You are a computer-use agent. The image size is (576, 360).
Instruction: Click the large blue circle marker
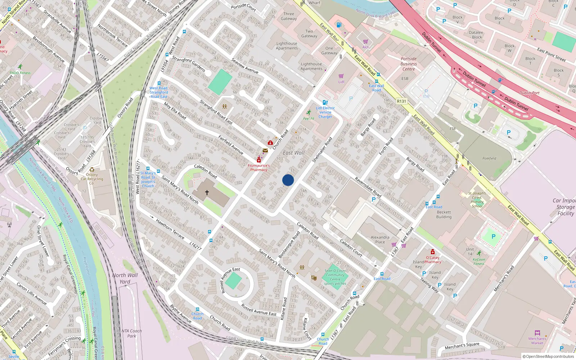(x=288, y=180)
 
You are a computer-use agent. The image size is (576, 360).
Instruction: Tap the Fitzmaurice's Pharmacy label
(x=258, y=167)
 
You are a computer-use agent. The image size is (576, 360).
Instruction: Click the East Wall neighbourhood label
(x=293, y=153)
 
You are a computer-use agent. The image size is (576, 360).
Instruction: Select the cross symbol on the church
(x=207, y=193)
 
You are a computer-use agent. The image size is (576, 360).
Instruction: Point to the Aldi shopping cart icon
(x=365, y=42)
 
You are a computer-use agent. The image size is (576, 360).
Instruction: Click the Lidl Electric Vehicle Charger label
(x=325, y=112)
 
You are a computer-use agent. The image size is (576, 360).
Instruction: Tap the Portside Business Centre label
(x=409, y=64)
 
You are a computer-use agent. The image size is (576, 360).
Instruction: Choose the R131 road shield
(x=401, y=102)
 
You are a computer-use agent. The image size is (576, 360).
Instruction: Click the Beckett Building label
(x=444, y=215)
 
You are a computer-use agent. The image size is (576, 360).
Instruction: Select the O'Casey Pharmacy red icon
(x=433, y=252)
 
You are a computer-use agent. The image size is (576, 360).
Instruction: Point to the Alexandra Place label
(x=380, y=239)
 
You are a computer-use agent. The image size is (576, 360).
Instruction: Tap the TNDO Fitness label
(x=20, y=73)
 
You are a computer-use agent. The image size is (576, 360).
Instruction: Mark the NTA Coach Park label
(x=131, y=333)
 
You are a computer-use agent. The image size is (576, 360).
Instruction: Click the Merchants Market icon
(x=537, y=333)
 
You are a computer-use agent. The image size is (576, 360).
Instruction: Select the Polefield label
(x=489, y=158)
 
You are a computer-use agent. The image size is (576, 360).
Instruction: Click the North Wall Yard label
(x=125, y=278)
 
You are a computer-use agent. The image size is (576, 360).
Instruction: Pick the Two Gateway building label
(x=309, y=33)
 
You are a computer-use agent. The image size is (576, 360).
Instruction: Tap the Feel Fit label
(x=309, y=118)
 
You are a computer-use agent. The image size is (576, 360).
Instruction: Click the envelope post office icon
(x=265, y=150)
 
